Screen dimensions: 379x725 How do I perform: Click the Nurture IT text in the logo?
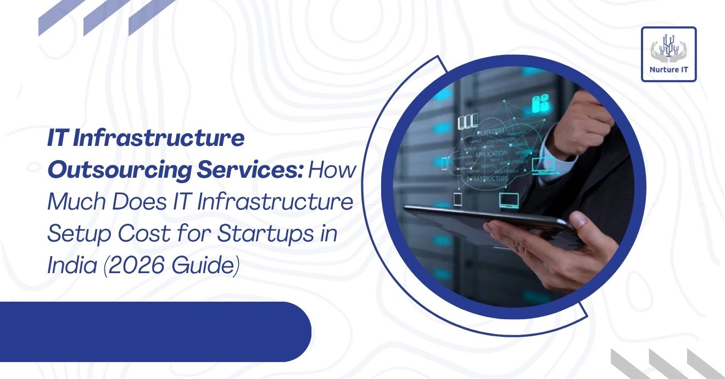pyautogui.click(x=668, y=70)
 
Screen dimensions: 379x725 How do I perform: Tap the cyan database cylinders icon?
pyautogui.click(x=541, y=103)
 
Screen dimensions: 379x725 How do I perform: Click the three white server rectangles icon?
pyautogui.click(x=467, y=121)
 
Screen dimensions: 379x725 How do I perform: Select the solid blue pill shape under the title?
pyautogui.click(x=154, y=331)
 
